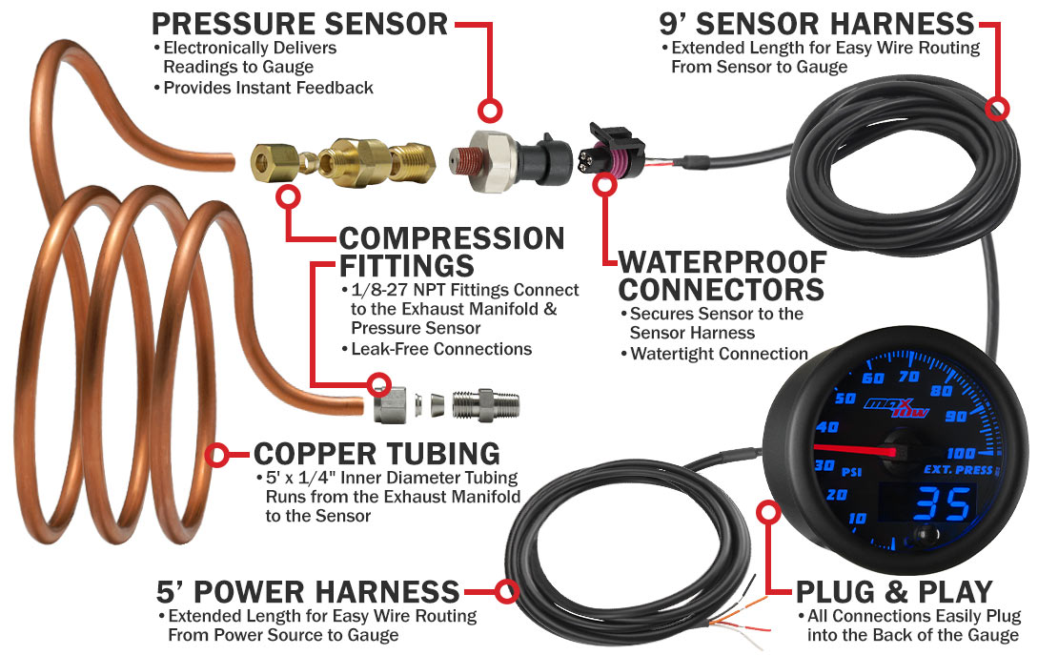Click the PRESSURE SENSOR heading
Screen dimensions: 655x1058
tap(299, 23)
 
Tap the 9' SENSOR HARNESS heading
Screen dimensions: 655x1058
tap(817, 23)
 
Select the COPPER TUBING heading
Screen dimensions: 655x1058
tap(376, 454)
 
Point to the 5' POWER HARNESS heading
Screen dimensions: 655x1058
tap(309, 591)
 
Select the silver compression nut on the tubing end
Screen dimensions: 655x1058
tap(389, 405)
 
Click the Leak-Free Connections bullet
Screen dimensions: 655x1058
tap(436, 349)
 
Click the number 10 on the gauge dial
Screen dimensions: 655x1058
tap(832, 518)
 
